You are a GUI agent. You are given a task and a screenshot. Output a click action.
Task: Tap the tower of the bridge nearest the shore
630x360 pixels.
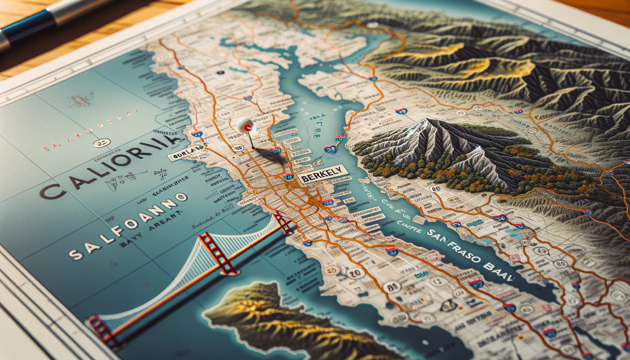[x=286, y=223]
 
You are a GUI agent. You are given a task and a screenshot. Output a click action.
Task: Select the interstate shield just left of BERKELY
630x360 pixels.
[x=289, y=176]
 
